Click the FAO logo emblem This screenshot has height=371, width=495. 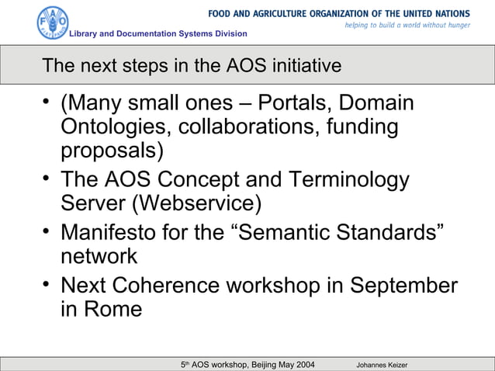click(53, 23)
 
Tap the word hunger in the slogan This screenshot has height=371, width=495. click(455, 26)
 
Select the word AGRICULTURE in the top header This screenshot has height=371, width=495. click(285, 13)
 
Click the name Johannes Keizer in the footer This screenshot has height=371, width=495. click(382, 364)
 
